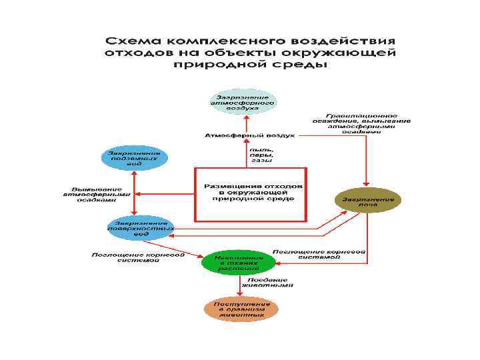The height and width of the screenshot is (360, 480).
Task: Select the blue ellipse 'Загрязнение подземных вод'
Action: click(135, 157)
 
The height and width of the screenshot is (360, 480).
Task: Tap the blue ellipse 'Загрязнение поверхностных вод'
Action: click(141, 228)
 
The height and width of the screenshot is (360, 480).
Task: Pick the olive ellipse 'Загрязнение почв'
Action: click(368, 200)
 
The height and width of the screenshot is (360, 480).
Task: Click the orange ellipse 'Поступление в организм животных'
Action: click(241, 309)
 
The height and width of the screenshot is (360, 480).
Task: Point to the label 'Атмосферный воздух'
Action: click(249, 135)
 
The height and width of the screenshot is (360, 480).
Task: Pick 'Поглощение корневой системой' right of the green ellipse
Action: click(319, 254)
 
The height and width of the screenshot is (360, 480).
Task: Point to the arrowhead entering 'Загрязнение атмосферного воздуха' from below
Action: click(245, 118)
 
